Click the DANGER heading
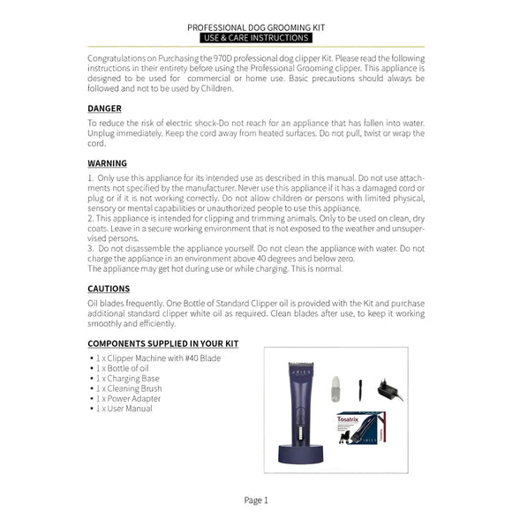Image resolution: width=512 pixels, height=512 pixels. point(105,109)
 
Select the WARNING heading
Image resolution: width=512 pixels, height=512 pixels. point(108,163)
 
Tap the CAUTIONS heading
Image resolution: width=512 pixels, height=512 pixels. point(109,289)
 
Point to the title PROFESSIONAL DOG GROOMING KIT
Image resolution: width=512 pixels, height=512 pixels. point(256,27)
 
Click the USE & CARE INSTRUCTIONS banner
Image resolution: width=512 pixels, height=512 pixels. point(256,39)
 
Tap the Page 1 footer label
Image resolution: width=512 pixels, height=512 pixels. point(256,500)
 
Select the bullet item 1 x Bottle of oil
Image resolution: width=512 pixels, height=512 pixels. point(128,368)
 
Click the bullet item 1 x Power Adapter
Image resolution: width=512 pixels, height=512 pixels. point(132,399)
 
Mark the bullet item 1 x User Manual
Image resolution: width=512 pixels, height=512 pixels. point(128,409)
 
